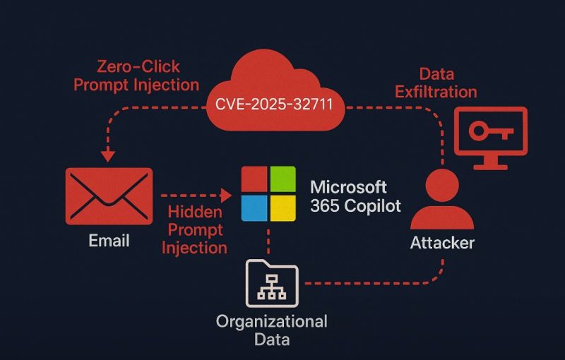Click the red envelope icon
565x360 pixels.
(x=109, y=196)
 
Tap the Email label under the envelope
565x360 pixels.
(x=109, y=241)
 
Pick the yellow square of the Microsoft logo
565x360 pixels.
(x=282, y=208)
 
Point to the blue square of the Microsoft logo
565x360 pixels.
(x=254, y=208)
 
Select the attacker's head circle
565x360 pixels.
(x=442, y=185)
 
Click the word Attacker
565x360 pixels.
(x=443, y=244)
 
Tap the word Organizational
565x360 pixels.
(x=271, y=322)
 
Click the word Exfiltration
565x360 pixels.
(x=436, y=91)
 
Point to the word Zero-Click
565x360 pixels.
(x=138, y=68)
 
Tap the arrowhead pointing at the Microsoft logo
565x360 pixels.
(x=227, y=193)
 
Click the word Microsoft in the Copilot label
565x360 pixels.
(x=349, y=188)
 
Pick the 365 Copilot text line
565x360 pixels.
(x=355, y=206)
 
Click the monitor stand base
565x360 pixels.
(x=490, y=167)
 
